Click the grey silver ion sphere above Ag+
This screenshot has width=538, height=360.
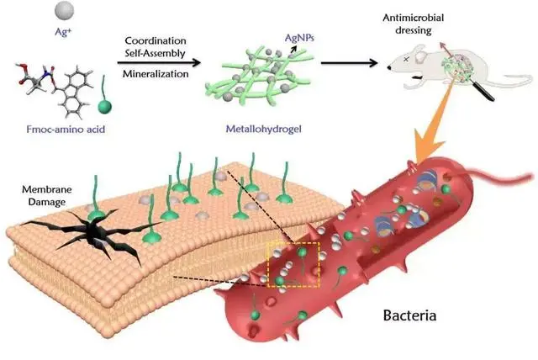64,10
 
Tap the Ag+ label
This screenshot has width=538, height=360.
64,32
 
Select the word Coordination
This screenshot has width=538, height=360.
156,40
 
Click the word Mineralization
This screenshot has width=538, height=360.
156,74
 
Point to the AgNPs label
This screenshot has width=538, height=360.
299,38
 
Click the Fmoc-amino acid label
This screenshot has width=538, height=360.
66,130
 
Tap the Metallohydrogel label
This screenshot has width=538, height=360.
263,129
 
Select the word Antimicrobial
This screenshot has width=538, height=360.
413,18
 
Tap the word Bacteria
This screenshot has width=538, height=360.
409,315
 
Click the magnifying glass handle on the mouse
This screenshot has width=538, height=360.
484,90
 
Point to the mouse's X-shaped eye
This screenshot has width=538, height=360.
406,59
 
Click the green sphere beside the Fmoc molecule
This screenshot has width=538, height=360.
104,106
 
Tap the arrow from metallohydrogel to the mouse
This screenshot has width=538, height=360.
350,63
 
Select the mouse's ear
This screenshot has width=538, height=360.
419,54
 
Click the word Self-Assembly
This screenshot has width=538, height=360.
155,53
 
